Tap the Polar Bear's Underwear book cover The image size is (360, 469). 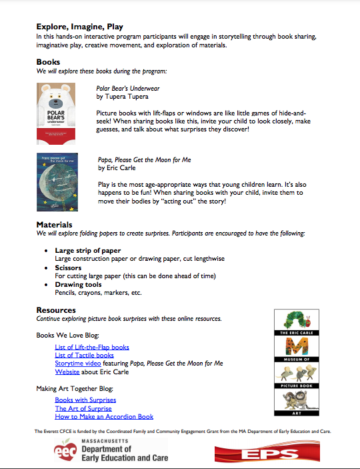pyautogui.click(x=55, y=114)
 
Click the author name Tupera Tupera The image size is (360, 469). pyautogui.click(x=123, y=97)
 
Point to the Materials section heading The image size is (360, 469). pyautogui.click(x=54, y=225)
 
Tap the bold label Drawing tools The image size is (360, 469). pyautogui.click(x=78, y=284)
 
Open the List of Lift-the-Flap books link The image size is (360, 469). pyautogui.click(x=92, y=347)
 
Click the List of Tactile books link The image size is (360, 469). pyautogui.click(x=84, y=355)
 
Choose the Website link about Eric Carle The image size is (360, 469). pyautogui.click(x=67, y=372)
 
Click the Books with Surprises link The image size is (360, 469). pyautogui.click(x=85, y=400)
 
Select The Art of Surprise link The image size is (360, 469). pyautogui.click(x=83, y=408)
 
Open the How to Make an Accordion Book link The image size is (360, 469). pyautogui.click(x=104, y=416)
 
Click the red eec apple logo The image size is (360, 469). pyautogui.click(x=67, y=452)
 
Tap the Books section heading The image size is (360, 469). pyautogui.click(x=48, y=62)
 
